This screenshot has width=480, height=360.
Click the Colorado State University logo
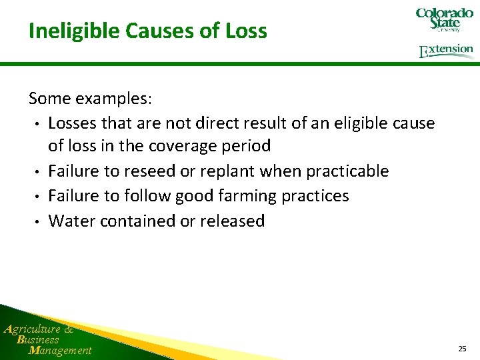tap(444, 20)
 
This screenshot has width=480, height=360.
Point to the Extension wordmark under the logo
tap(446, 51)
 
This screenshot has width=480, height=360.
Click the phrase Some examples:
tap(91, 99)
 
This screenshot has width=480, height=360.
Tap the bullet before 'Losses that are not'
tap(40, 124)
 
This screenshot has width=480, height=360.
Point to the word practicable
tap(347, 171)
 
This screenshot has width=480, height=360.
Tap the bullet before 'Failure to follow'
tap(40, 197)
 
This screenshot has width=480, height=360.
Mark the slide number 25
tap(462, 349)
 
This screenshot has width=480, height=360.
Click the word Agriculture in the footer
tap(33, 329)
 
